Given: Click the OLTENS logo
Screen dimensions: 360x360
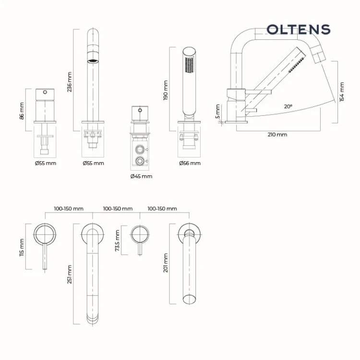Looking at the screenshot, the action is (x=298, y=30).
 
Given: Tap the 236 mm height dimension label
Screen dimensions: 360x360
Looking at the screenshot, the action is (x=70, y=82).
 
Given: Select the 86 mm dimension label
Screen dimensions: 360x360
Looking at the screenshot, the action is (x=22, y=111).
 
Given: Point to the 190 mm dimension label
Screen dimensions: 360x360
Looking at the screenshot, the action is (x=166, y=90).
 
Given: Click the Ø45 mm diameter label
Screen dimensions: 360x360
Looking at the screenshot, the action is (x=141, y=176).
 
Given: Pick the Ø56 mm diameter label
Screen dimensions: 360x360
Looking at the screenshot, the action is (x=190, y=163).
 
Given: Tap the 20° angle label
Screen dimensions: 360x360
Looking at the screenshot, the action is (x=288, y=107).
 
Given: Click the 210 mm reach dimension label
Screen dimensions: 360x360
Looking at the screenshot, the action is (x=277, y=134).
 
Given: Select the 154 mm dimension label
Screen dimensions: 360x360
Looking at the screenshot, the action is (x=342, y=92).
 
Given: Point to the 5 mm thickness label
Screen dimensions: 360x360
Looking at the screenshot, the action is (x=217, y=111).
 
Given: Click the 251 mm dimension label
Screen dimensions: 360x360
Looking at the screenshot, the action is (x=70, y=275).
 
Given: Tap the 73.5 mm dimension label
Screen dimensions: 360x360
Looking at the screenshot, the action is (x=117, y=240).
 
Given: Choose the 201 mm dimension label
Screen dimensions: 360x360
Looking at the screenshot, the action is (x=166, y=263).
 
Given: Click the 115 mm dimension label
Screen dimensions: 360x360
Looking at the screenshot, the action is (x=22, y=248).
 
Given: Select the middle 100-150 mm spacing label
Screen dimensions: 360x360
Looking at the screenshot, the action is (x=118, y=209).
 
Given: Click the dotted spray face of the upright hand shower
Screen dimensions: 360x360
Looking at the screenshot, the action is (x=190, y=65).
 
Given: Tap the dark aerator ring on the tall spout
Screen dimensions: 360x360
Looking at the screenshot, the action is (x=93, y=61).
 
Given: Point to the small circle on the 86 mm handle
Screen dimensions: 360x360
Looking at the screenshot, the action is (x=45, y=92).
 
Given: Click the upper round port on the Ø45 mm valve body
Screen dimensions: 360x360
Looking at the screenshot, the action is (x=140, y=149).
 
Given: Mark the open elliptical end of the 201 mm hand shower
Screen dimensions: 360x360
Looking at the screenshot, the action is (x=190, y=299).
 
